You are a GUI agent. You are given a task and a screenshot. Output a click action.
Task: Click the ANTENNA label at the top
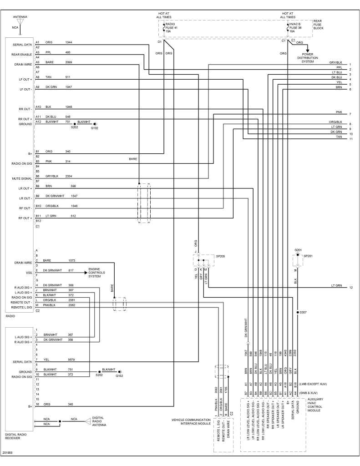click(19, 16)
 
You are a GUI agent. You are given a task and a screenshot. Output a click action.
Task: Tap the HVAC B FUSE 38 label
click(296, 27)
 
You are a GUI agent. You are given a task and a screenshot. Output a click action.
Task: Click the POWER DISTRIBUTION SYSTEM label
click(308, 58)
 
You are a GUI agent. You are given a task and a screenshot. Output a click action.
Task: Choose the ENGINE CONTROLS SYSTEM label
click(97, 272)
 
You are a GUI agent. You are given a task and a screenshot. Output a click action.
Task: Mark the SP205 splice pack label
click(220, 256)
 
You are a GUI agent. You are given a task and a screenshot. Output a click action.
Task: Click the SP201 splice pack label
click(309, 256)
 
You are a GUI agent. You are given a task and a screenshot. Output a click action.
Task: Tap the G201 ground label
click(298, 250)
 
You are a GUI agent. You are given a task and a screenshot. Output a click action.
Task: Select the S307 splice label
click(304, 313)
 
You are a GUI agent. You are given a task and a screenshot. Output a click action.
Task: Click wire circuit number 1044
click(68, 42)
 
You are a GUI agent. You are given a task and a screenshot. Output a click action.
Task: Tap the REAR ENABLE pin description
click(21, 54)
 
